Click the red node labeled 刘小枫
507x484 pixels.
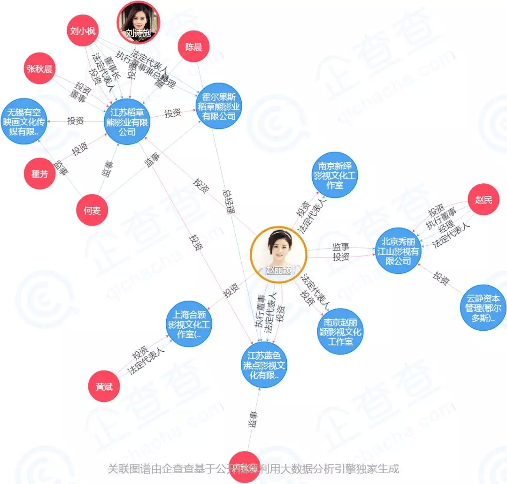tap(83, 31)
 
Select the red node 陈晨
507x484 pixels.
tap(193, 47)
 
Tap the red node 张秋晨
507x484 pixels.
tap(39, 69)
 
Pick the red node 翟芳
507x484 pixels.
tap(39, 174)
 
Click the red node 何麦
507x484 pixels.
tap(92, 211)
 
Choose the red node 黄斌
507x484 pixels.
tap(104, 386)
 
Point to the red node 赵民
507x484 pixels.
tap(483, 200)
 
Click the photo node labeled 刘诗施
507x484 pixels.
tap(138, 22)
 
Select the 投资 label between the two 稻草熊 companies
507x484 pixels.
tap(173, 113)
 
